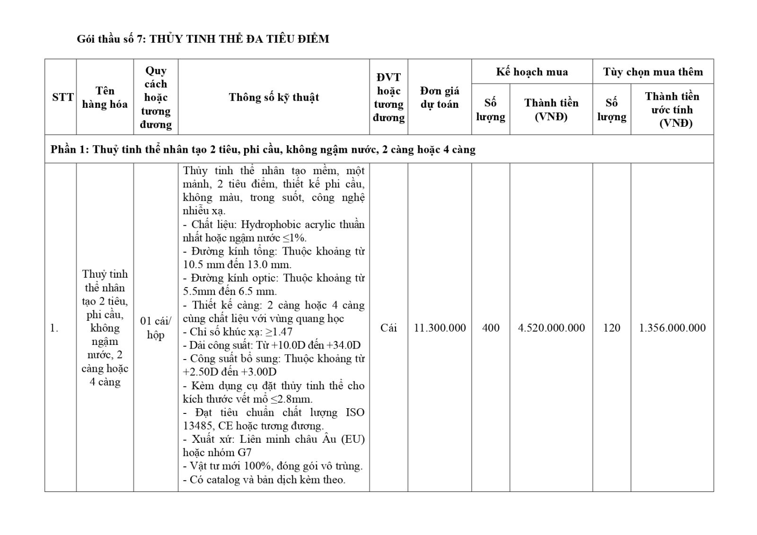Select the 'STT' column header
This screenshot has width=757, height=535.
point(62,97)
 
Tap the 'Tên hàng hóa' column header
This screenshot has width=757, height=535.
point(105,97)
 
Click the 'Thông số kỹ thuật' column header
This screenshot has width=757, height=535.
point(273,97)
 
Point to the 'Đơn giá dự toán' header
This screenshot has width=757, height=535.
point(440,97)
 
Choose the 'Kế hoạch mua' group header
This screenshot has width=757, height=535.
point(532,72)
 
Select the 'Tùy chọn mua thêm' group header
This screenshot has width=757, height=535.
point(653,72)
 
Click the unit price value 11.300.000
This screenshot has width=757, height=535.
point(440,328)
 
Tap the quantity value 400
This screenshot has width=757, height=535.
point(491,328)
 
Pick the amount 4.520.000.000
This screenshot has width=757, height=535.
point(551,328)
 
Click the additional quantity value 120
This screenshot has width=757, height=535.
point(611,328)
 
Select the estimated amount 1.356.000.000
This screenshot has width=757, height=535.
point(672,328)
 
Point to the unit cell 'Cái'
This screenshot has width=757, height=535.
point(388,328)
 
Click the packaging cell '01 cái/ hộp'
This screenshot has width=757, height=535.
point(156,328)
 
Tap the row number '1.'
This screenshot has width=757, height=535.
point(54,328)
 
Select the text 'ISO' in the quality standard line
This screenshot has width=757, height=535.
point(355,412)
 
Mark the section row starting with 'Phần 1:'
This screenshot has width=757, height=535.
point(263,149)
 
